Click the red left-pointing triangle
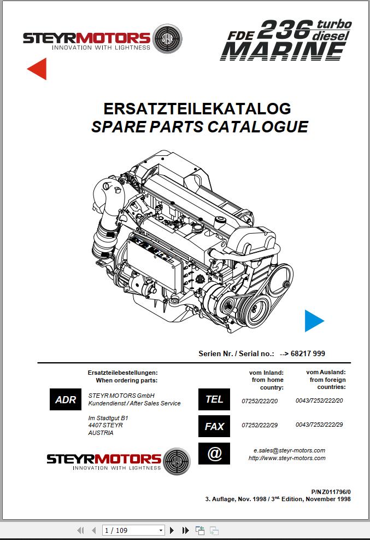(38, 68)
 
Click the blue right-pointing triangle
(313, 321)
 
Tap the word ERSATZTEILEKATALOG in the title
(197, 108)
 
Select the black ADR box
(66, 399)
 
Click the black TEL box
(214, 399)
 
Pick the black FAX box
(214, 426)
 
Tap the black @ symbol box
(214, 454)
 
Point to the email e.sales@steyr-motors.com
(289, 450)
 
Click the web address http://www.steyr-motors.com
(287, 458)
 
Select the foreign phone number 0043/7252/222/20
(319, 400)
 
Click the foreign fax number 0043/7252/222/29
(319, 425)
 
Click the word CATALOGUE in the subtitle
(260, 127)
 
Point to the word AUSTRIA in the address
(101, 433)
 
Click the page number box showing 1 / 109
(133, 530)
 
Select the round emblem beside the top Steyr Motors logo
(167, 38)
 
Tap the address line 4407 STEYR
(105, 425)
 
